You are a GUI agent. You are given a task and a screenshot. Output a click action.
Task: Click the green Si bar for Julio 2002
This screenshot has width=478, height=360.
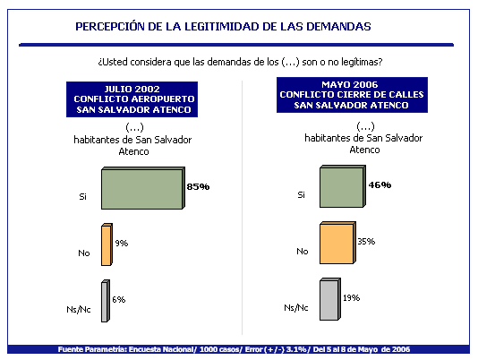[143, 188]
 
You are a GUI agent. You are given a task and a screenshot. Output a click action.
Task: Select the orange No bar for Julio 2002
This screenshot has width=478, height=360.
[107, 244]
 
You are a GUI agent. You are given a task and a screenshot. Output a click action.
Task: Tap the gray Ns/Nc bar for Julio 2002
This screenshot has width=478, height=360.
[106, 301]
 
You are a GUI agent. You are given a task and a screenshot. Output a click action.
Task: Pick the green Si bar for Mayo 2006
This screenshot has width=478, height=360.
[343, 186]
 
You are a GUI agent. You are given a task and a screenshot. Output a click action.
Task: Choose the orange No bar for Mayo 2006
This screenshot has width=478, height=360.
[337, 243]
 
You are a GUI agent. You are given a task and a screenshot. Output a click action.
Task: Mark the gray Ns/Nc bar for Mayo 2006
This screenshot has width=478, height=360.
[330, 299]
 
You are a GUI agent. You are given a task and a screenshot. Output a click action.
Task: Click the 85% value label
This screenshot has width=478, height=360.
[198, 186]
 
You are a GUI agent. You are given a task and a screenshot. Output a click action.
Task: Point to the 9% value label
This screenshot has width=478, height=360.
[122, 244]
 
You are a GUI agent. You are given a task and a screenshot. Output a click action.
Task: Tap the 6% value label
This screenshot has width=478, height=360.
[118, 300]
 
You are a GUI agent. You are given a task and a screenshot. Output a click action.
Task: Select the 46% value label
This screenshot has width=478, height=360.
[380, 184]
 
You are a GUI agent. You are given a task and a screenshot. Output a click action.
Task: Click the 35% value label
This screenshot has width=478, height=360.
[366, 241]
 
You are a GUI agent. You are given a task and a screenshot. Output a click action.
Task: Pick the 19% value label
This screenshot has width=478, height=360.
[351, 298]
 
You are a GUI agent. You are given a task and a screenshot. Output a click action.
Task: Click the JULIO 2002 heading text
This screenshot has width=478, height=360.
[132, 89]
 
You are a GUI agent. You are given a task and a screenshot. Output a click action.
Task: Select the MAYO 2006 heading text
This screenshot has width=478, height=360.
[350, 84]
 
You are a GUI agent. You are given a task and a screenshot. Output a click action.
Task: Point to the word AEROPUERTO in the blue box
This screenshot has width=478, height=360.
[163, 99]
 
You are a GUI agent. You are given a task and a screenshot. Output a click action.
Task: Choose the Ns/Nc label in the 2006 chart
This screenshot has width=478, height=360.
[296, 308]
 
